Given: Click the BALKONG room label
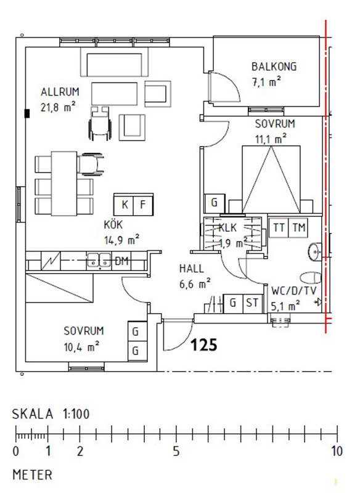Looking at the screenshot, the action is pos(274,67).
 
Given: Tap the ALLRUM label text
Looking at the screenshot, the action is pos(60,92).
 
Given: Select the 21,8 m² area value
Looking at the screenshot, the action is pos(58,107).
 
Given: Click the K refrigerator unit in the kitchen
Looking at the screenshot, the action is pos(124,205).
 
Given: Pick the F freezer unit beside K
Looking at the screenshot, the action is pos(144,205).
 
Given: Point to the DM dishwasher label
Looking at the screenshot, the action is pos(121,261).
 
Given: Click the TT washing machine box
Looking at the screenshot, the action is pos(279,227).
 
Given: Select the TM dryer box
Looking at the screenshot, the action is pos(298,227).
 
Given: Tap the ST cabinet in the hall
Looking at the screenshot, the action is pos(253,303).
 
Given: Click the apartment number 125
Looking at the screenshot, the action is pos(204,344).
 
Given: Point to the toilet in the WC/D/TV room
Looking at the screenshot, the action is pos(311,278).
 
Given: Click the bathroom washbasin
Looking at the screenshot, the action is pos(315,252).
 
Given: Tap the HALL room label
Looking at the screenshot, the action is pos(192,269).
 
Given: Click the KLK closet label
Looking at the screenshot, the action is pos(227,227).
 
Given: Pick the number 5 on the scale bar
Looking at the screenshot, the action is pos(176,451).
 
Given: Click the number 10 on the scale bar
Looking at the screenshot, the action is pos(337,451).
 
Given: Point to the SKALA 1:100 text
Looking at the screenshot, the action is pos(51,414).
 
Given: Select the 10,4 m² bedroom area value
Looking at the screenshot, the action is pos(82,347).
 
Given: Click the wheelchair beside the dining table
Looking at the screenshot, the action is pos(91,163).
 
